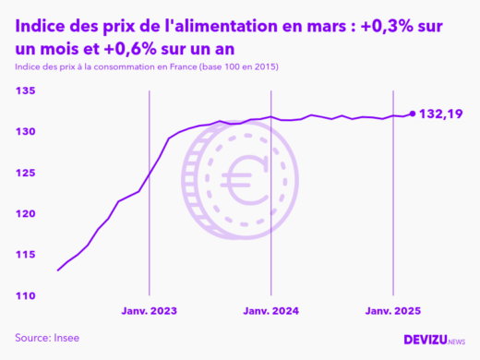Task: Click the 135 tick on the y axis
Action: (x=25, y=90)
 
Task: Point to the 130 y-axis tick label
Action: (x=25, y=132)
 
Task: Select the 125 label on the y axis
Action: (x=25, y=173)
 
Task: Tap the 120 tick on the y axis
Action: (x=25, y=213)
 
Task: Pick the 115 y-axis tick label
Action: (x=25, y=255)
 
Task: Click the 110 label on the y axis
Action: (x=25, y=295)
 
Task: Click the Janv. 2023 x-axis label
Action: (x=150, y=312)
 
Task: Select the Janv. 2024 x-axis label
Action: (x=270, y=312)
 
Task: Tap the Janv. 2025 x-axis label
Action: (x=394, y=312)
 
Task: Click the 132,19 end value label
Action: (x=440, y=114)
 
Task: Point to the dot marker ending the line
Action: (x=412, y=114)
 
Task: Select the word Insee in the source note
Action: (x=65, y=338)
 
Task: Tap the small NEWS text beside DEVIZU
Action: (x=457, y=342)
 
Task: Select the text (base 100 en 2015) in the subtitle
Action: (x=230, y=68)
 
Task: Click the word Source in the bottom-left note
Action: (x=31, y=338)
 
